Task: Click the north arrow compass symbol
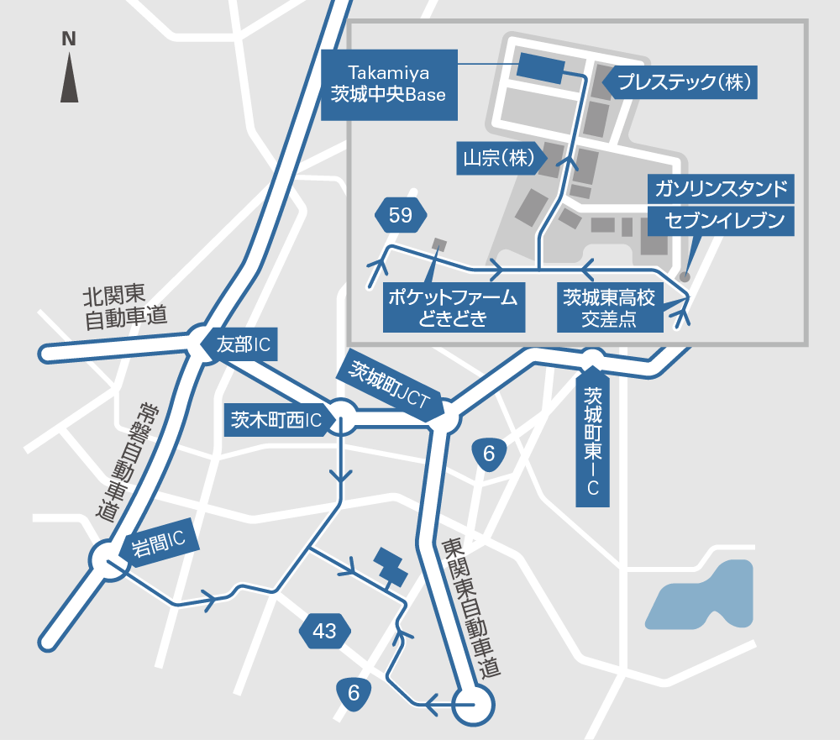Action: click(69, 71)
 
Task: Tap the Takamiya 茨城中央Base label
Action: click(390, 84)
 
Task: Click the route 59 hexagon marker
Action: click(401, 217)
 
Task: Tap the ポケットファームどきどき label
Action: click(452, 307)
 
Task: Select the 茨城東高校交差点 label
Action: click(612, 307)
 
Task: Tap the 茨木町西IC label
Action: click(276, 421)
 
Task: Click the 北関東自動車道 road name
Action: click(118, 307)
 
